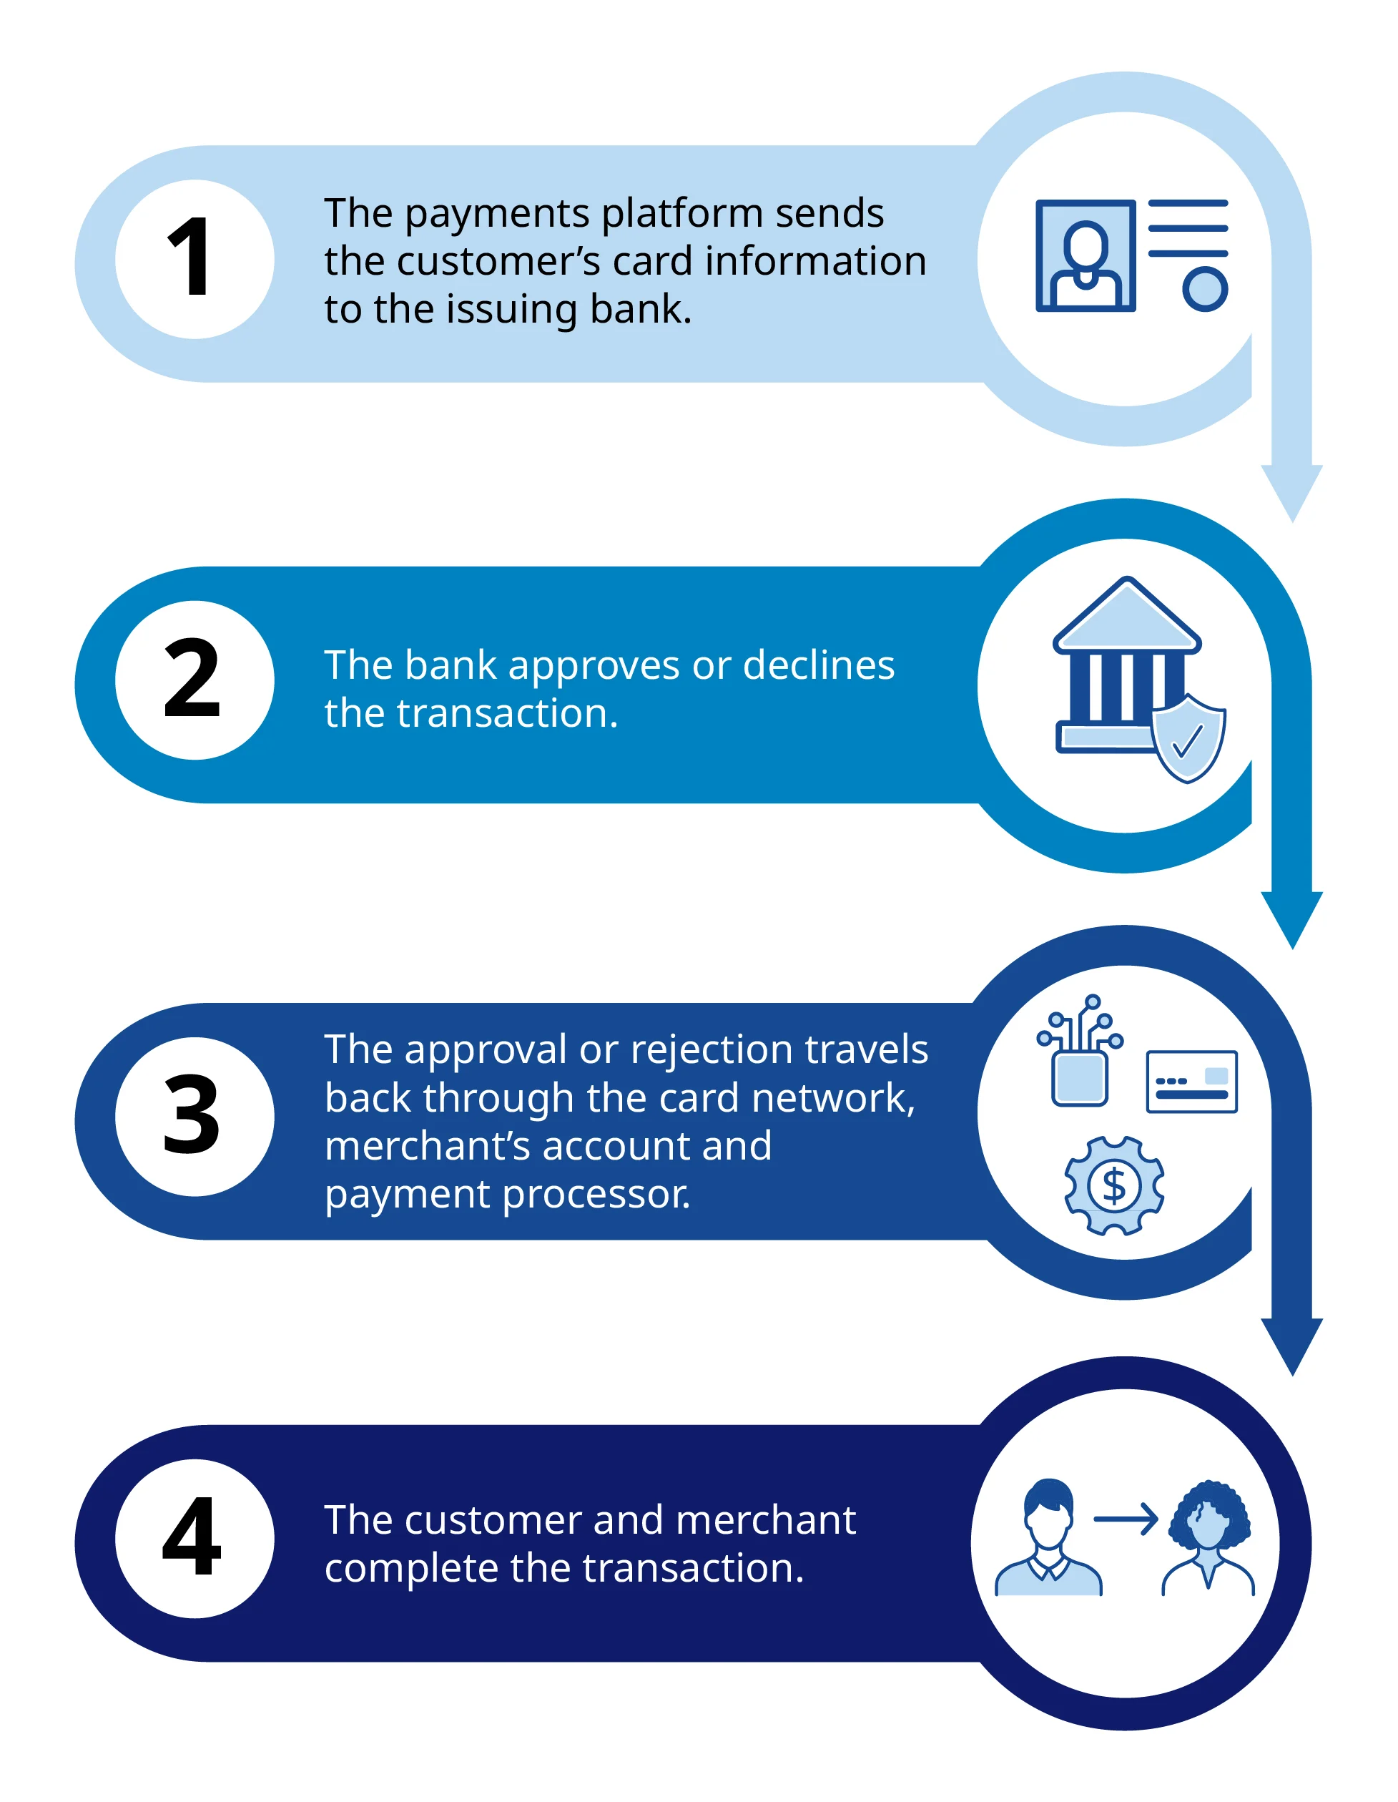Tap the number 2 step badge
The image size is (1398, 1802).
tap(195, 680)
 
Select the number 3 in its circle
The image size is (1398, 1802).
tap(195, 1117)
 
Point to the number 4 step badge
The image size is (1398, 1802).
tap(195, 1538)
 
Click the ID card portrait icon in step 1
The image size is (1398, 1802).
tap(1086, 256)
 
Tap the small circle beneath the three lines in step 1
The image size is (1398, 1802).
tap(1205, 289)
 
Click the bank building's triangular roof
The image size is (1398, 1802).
tap(1127, 614)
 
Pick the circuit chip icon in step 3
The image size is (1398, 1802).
tap(1080, 1050)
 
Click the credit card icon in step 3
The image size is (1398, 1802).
tap(1192, 1082)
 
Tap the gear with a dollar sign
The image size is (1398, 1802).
tap(1114, 1185)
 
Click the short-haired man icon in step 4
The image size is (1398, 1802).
tap(1048, 1537)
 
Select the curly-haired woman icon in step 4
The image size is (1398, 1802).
tap(1209, 1538)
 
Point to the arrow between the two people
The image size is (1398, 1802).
tap(1126, 1519)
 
